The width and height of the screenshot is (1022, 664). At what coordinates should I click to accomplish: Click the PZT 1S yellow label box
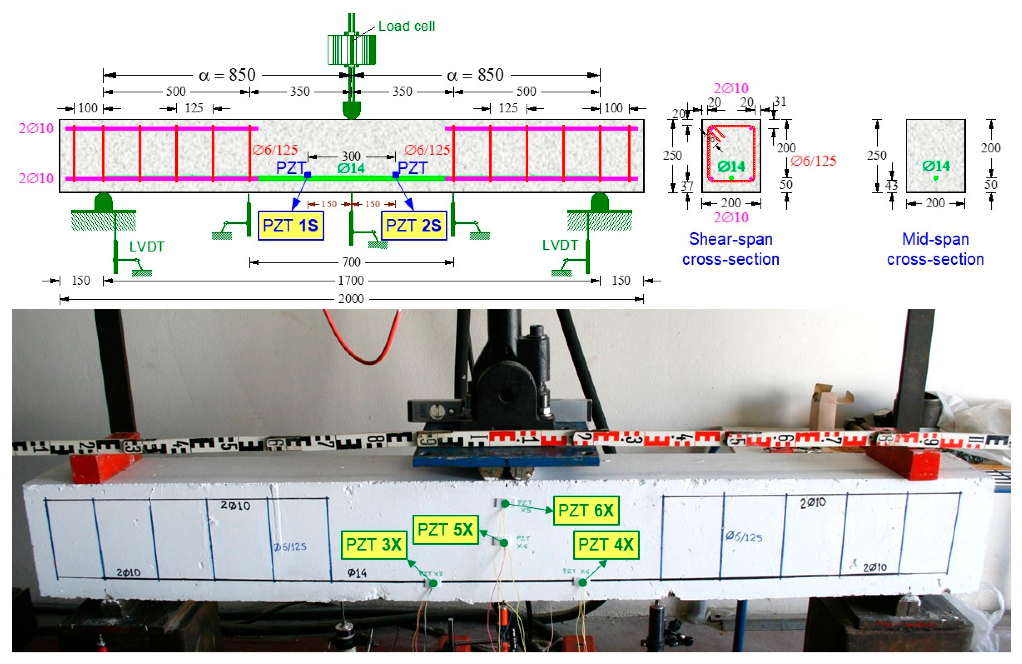tap(291, 226)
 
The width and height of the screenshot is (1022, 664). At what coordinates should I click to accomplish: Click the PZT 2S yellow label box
tap(414, 226)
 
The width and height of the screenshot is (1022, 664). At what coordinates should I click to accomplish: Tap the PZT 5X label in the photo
tap(445, 529)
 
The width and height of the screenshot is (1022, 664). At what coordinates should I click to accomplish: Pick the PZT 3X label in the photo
tap(374, 544)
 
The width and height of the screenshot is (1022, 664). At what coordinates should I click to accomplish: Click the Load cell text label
tap(406, 26)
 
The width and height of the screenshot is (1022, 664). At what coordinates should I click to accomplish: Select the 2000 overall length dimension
tap(351, 299)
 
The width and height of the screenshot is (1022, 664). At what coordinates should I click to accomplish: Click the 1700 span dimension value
tap(351, 280)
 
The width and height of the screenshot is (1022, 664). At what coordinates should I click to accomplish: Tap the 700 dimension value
tap(351, 262)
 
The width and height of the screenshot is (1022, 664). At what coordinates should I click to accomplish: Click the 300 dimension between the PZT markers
tap(351, 156)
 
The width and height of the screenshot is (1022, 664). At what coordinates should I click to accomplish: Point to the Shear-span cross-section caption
tap(730, 249)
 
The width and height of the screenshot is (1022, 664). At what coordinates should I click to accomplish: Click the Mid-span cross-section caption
tap(935, 249)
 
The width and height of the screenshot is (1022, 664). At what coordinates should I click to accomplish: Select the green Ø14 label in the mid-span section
tap(936, 166)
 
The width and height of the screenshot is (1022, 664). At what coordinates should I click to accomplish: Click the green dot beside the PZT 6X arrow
tap(505, 504)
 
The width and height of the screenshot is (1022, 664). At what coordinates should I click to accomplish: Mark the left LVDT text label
tap(147, 247)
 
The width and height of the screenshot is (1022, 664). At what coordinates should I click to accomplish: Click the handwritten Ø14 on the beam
tap(357, 572)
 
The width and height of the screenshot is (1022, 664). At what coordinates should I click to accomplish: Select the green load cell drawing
tap(352, 49)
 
